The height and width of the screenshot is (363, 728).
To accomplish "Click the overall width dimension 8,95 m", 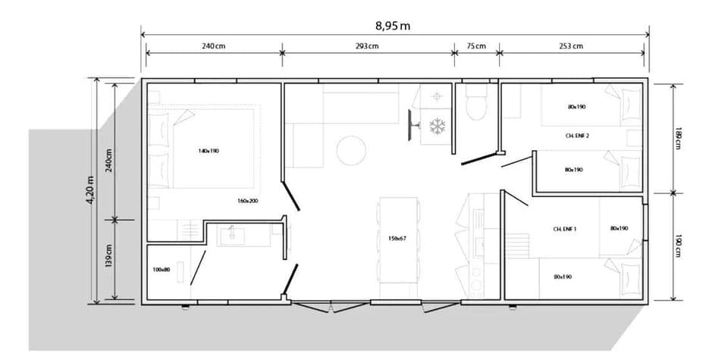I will [x=394, y=26].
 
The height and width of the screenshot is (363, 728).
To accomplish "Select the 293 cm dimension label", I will [x=367, y=46].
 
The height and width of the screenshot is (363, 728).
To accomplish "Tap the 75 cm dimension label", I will [x=476, y=46].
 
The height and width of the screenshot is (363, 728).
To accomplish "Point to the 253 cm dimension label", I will [x=572, y=46].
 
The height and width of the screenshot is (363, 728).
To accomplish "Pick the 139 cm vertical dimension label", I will [x=108, y=258].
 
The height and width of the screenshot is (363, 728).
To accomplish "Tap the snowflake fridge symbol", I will [x=437, y=126].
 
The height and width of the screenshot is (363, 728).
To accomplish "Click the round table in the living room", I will [x=352, y=149].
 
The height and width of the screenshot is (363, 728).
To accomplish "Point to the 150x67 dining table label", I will [x=398, y=239].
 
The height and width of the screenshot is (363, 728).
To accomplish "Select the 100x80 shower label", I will [x=161, y=269].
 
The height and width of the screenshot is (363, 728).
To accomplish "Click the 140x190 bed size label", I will [x=209, y=151].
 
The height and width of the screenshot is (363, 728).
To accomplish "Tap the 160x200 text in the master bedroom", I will [x=247, y=201].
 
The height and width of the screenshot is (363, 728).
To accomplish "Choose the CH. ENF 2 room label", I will [x=578, y=136].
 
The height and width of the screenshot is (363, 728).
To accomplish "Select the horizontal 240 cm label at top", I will [x=214, y=46].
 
